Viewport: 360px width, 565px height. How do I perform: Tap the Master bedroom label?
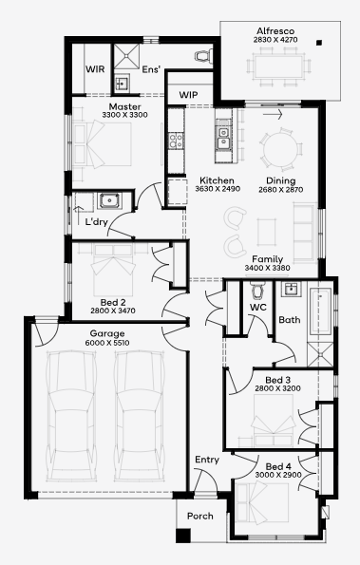click(124, 107)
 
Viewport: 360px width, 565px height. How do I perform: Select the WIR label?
click(95, 69)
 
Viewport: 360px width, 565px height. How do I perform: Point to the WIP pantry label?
click(188, 95)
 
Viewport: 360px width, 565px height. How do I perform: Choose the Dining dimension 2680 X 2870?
click(280, 190)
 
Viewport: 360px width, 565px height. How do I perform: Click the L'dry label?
click(96, 222)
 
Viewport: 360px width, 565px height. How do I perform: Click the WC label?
click(257, 308)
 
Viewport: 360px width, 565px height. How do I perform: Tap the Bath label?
click(290, 320)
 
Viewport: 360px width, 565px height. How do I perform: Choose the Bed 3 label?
click(279, 380)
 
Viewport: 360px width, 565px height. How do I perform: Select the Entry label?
click(207, 460)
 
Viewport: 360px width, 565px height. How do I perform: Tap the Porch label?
click(199, 517)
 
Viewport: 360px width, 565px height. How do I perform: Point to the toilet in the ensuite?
click(201, 57)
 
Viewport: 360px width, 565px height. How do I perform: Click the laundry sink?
click(107, 199)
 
